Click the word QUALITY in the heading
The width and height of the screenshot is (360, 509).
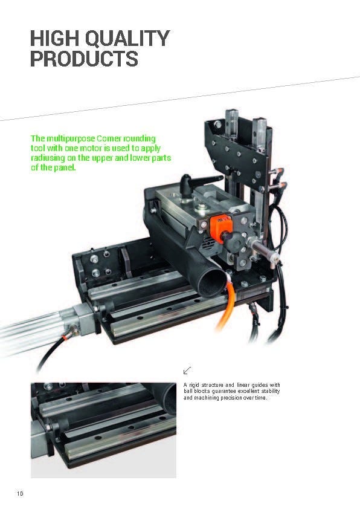click(x=127, y=38)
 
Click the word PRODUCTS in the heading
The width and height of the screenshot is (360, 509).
click(x=85, y=59)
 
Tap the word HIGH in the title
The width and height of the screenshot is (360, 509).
click(x=55, y=38)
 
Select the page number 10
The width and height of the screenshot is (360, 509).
click(x=20, y=494)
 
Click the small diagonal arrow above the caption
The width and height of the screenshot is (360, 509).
click(x=187, y=370)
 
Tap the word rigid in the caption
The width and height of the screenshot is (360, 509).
click(x=194, y=385)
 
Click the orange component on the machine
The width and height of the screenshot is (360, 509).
click(x=220, y=228)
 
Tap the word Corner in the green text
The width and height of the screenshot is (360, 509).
click(x=109, y=139)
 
